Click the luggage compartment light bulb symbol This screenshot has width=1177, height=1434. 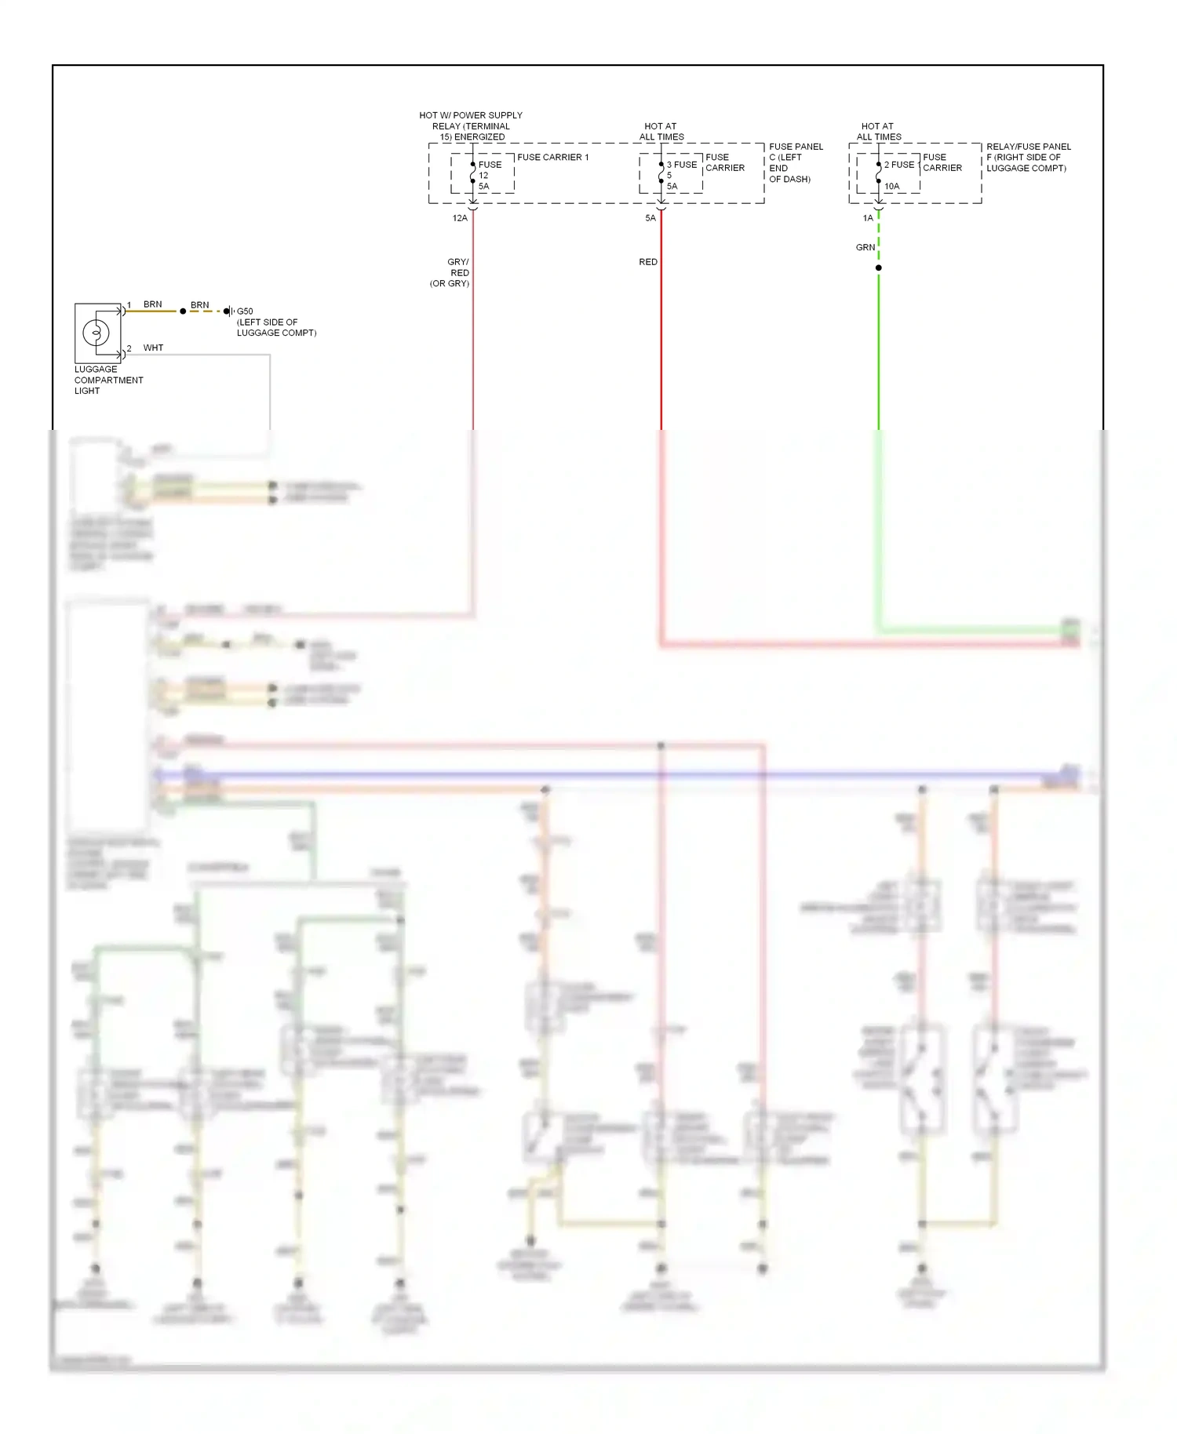coord(96,333)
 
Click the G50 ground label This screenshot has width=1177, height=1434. coord(245,311)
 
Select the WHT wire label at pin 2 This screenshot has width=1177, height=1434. coord(153,348)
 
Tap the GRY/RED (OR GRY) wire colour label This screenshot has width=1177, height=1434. coord(451,273)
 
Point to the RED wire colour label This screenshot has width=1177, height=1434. coord(648,262)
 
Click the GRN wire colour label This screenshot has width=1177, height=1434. coord(865,247)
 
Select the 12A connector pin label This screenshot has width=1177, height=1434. coord(460,218)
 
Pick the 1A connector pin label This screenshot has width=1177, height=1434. coord(867,218)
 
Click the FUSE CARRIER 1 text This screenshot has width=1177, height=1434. coord(552,158)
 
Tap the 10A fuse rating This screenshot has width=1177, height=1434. coord(892,187)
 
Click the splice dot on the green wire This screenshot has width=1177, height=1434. coord(879,268)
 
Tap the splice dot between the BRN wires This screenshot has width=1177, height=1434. coord(183,311)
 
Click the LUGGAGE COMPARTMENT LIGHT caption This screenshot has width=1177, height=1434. coord(108,380)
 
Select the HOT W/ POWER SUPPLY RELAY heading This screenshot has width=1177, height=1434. coord(470,126)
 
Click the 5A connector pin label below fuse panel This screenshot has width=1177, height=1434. coord(650,218)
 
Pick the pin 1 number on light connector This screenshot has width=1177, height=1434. coord(129,304)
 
